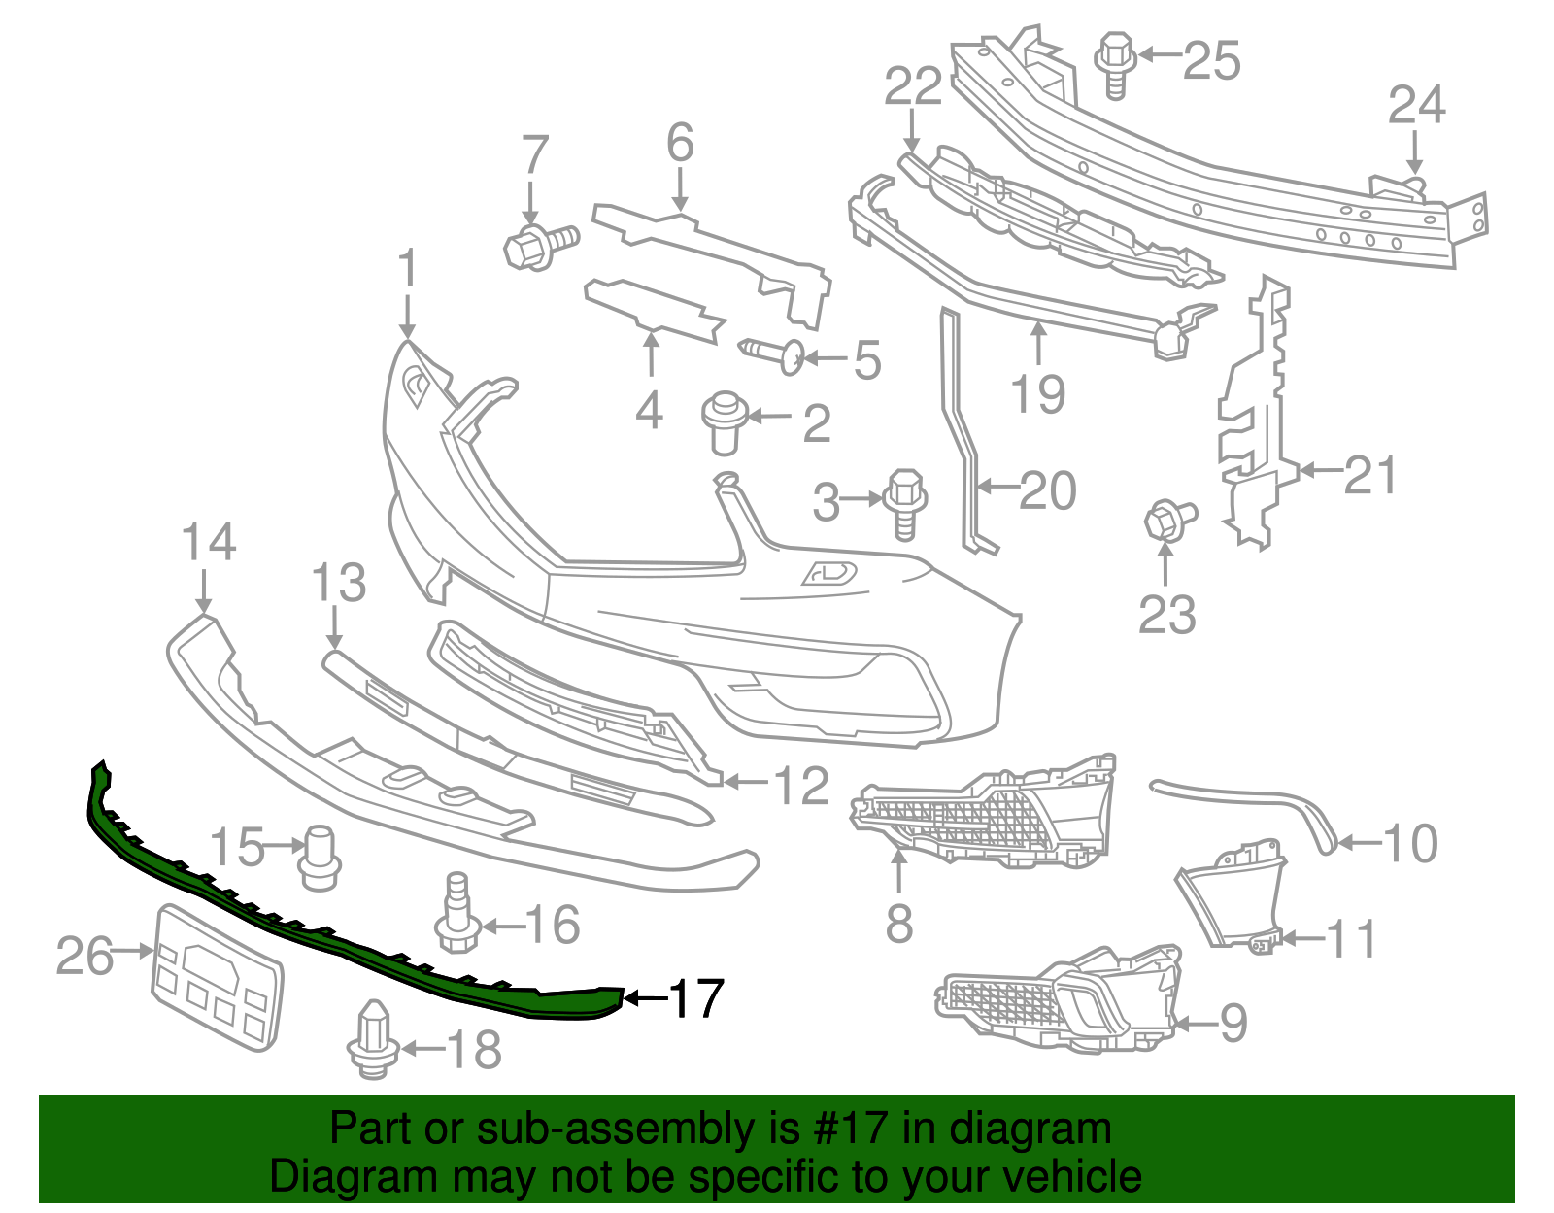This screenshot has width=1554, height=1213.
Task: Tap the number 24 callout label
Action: [x=1416, y=105]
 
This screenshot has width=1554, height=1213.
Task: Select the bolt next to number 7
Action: [x=539, y=244]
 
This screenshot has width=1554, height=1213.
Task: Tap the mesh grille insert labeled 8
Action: [x=981, y=816]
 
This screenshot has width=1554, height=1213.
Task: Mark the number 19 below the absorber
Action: [x=1037, y=394]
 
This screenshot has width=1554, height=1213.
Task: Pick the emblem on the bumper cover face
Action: [x=828, y=573]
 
